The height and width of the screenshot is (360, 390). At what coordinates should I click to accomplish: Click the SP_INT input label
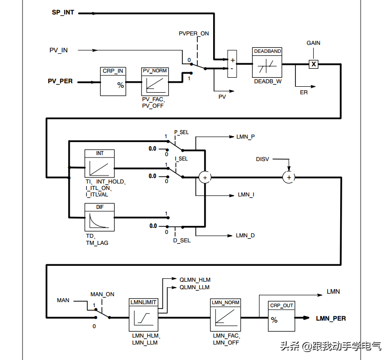pyautogui.click(x=63, y=12)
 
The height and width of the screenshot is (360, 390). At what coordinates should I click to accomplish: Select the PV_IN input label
pyautogui.click(x=58, y=50)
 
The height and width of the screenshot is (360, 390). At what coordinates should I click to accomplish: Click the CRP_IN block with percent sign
pyautogui.click(x=113, y=82)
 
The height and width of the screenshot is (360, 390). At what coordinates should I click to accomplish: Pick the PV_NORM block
pyautogui.click(x=155, y=82)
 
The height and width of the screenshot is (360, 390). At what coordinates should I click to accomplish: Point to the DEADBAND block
pyautogui.click(x=267, y=63)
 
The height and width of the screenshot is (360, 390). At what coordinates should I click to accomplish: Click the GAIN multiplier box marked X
pyautogui.click(x=313, y=64)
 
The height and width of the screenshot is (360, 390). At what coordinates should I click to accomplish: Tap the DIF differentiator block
pyautogui.click(x=100, y=217)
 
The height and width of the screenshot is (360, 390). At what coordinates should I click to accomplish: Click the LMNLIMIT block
pyautogui.click(x=143, y=316)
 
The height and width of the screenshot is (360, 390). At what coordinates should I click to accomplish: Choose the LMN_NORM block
pyautogui.click(x=225, y=316)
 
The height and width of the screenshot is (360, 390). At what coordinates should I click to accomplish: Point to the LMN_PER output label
pyautogui.click(x=331, y=318)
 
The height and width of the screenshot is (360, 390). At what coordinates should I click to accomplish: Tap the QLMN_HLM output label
pyautogui.click(x=195, y=280)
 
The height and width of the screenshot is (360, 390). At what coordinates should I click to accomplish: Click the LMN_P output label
pyautogui.click(x=246, y=137)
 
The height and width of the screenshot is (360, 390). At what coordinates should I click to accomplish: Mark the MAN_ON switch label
pyautogui.click(x=102, y=294)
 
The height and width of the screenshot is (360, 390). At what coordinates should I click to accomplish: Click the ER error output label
pyautogui.click(x=303, y=93)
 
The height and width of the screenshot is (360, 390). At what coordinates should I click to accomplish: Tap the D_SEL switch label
pyautogui.click(x=181, y=240)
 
